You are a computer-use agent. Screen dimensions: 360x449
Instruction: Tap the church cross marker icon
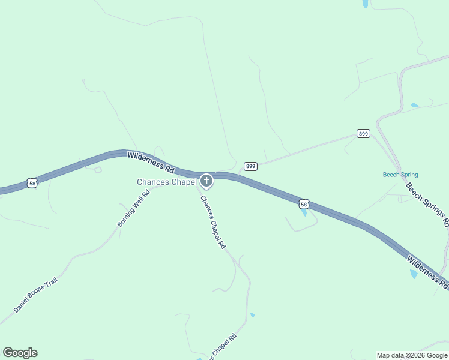[206, 181]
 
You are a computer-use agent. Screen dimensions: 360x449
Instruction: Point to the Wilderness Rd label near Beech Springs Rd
[427, 271]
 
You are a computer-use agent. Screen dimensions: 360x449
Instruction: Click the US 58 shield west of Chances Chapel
[32, 182]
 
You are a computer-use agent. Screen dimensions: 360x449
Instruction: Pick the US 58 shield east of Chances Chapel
[304, 205]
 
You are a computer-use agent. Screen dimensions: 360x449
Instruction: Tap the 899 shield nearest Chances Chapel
[250, 166]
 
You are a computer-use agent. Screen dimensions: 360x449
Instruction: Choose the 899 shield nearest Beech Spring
[363, 133]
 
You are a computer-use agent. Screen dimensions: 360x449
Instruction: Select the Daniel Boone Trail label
[35, 295]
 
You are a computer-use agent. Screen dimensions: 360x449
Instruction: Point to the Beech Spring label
[400, 175]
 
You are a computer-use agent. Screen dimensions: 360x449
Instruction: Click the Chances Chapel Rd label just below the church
[212, 222]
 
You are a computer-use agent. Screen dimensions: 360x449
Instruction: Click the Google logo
[20, 353]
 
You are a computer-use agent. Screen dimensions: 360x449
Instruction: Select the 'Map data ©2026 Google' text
[412, 355]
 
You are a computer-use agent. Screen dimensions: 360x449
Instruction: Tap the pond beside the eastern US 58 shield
[304, 213]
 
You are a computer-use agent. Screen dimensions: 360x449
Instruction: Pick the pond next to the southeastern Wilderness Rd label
[413, 274]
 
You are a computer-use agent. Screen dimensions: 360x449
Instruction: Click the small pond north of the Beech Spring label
[414, 106]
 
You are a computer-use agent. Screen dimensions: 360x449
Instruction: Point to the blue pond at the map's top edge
[365, 4]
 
